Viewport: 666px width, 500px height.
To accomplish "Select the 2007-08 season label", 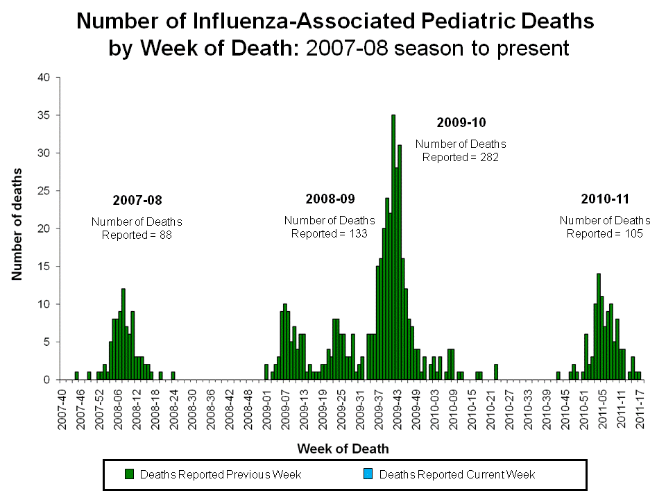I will coord(137,201).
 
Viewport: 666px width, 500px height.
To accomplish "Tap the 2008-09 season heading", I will coord(330,199).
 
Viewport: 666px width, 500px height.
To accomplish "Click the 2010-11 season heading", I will coord(605,199).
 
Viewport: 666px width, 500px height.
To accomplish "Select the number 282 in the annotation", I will coord(490,158).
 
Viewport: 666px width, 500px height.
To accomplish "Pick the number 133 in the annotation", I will coord(357,234).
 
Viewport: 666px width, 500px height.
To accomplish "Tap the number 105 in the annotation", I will coord(633,234).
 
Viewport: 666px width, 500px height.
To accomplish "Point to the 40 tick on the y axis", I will coord(44,78).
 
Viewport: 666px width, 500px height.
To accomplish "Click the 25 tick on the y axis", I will coord(44,191).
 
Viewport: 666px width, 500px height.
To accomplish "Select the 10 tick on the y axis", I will coord(44,304).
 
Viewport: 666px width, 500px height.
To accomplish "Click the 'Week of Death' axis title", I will coord(343,449).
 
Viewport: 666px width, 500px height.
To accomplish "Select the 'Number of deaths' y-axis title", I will coord(17,224).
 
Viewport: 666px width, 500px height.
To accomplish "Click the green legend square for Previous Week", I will coord(129,474).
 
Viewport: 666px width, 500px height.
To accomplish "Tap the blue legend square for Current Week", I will coord(368,474).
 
